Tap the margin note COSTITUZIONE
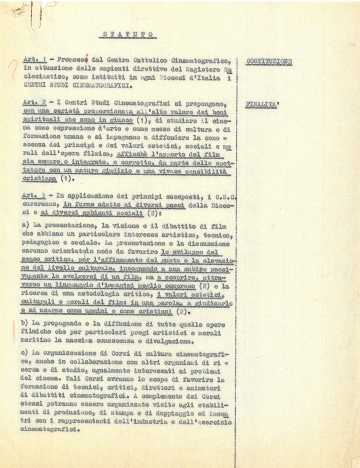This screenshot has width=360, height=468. (x=269, y=62)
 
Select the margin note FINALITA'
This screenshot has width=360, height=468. (x=263, y=104)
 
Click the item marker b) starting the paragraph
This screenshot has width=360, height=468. (x=25, y=325)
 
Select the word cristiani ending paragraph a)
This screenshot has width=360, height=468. (x=153, y=311)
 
